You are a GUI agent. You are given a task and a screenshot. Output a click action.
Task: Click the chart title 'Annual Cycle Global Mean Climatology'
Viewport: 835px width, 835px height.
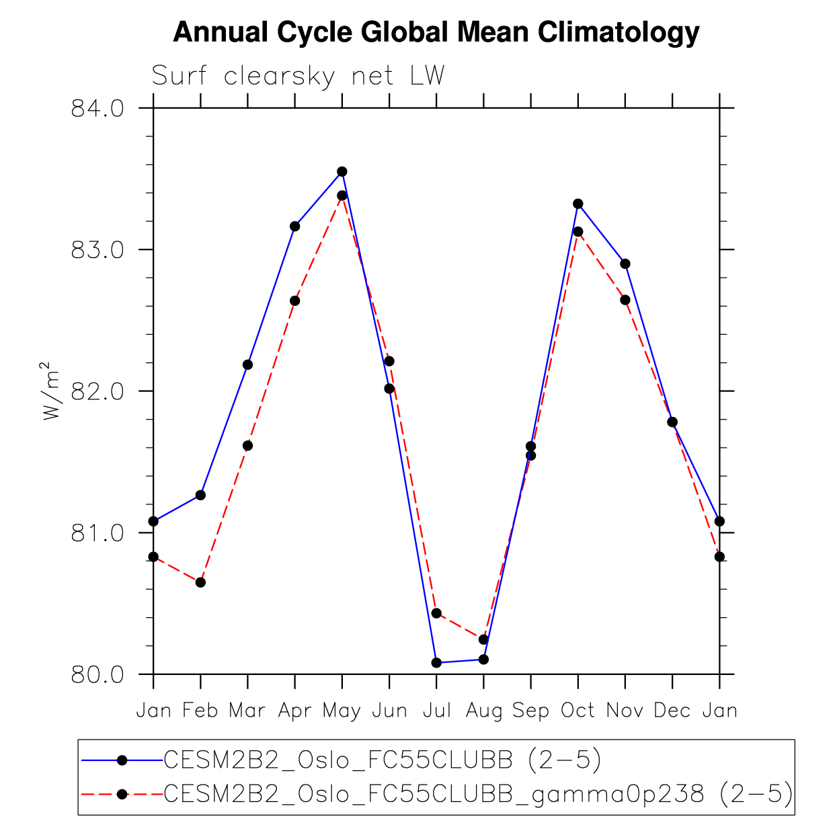436,32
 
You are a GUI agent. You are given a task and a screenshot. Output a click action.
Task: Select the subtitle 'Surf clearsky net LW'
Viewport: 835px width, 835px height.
298,76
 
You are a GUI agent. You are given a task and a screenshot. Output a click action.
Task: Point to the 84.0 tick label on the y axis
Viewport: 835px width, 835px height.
97,108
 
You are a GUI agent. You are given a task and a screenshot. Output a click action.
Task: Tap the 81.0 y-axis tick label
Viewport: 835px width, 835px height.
97,533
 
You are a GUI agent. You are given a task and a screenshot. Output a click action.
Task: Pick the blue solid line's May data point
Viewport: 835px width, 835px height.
342,171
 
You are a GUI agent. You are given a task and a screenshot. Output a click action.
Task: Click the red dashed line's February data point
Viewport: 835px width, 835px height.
200,582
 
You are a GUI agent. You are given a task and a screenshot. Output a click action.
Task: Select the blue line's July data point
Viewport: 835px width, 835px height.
436,663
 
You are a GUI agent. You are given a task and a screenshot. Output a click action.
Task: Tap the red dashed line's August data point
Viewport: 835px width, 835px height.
483,639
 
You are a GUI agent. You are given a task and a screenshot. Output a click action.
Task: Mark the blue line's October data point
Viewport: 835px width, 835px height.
578,204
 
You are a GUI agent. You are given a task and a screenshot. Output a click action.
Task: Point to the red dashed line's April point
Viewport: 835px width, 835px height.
294,301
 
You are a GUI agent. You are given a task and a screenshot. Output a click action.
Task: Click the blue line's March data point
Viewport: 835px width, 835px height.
247,364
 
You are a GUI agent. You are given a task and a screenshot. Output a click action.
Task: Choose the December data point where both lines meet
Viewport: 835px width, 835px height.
672,422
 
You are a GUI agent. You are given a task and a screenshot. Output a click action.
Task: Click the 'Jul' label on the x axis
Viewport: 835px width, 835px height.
436,711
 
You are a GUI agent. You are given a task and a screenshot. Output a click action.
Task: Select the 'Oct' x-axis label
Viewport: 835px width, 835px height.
578,711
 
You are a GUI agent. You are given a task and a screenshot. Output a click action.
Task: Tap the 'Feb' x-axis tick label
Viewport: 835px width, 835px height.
200,711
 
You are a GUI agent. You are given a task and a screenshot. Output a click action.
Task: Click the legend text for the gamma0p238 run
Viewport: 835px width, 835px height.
478,795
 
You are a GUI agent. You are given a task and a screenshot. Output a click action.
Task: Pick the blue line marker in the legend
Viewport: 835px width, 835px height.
122,760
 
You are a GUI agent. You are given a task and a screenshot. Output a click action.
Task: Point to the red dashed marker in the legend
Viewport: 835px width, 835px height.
122,795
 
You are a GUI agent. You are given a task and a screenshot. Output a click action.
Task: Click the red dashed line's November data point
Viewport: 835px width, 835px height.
625,300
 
